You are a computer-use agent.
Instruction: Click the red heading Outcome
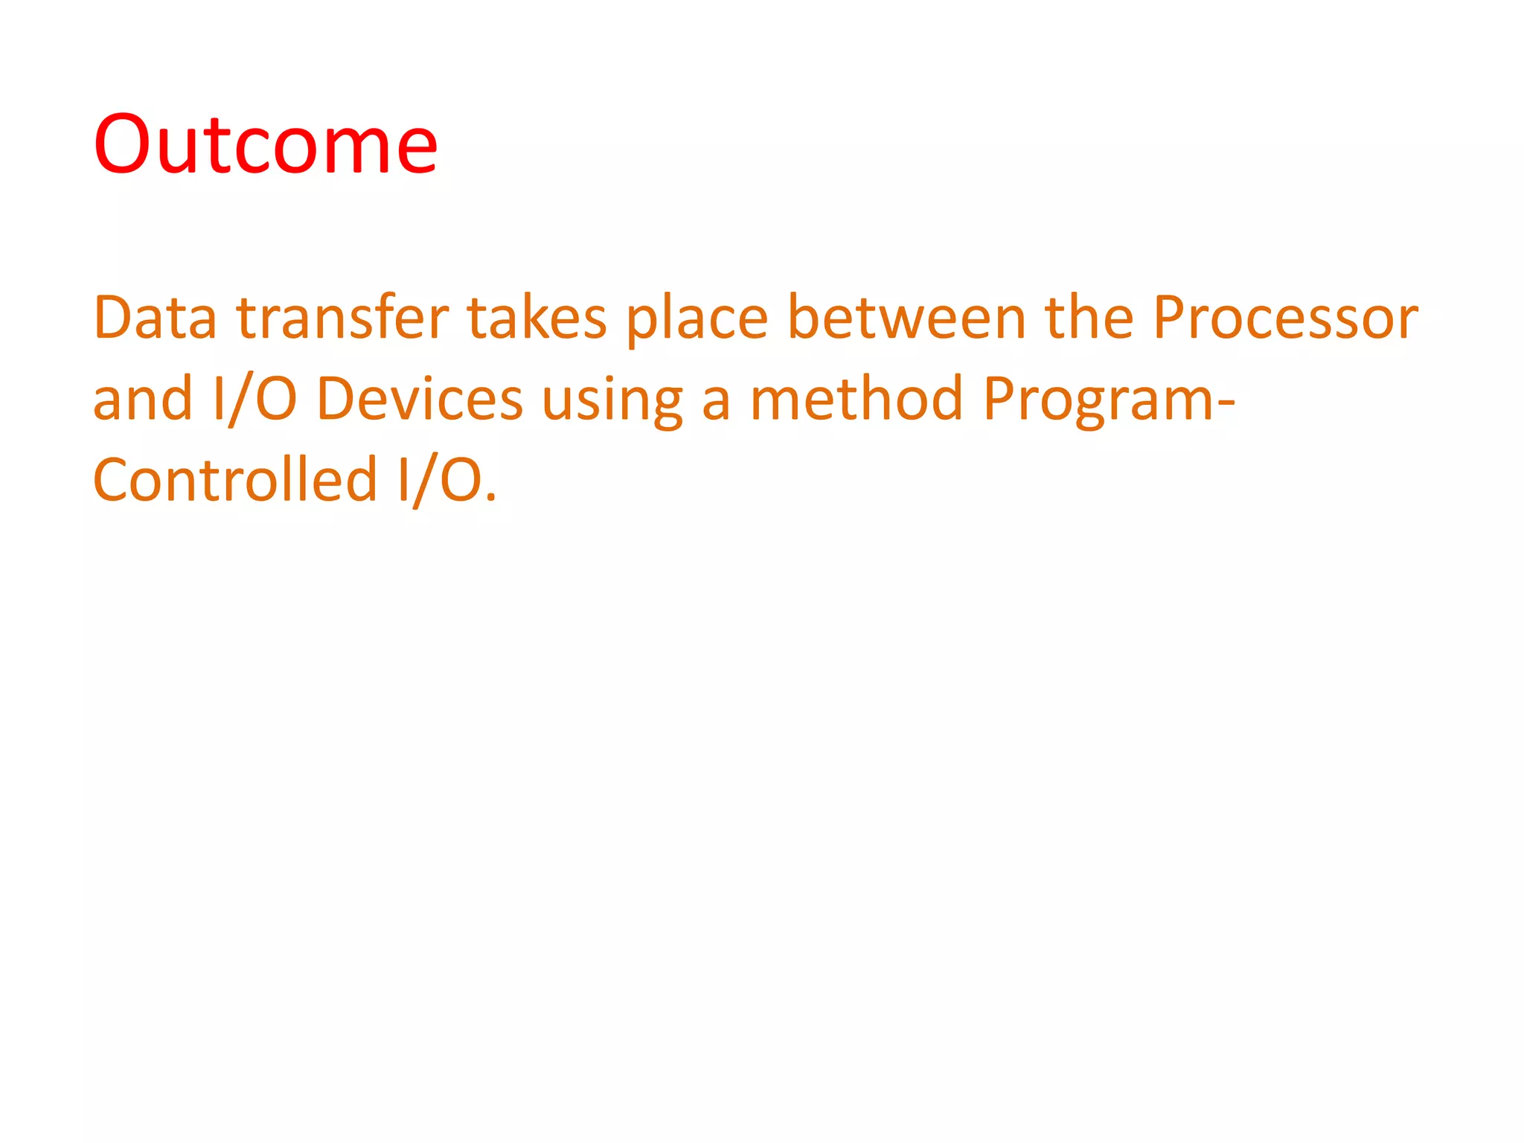click(x=265, y=144)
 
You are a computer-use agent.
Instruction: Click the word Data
click(x=155, y=318)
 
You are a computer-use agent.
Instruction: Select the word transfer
click(x=343, y=318)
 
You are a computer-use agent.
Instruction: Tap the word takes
click(x=537, y=318)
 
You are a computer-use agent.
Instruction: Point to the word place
click(x=697, y=320)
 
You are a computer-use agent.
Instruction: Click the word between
click(x=906, y=318)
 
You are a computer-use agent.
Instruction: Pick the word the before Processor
click(x=1089, y=318)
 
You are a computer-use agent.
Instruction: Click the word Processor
click(x=1285, y=318)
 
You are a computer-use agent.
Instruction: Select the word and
click(x=143, y=399)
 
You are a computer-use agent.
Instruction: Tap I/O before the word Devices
click(x=255, y=400)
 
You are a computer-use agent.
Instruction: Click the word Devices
click(x=420, y=399)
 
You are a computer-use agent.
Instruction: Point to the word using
click(x=612, y=402)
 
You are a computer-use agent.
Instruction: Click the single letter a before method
click(x=716, y=402)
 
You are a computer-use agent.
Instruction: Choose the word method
click(x=856, y=399)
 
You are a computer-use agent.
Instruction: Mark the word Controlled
click(x=235, y=480)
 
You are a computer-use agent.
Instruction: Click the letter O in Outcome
click(x=124, y=144)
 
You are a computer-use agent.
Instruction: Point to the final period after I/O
click(x=490, y=499)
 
